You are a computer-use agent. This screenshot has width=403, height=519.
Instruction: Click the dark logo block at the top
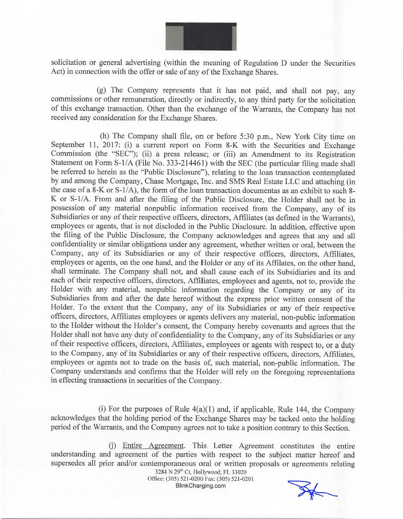pos(201,36)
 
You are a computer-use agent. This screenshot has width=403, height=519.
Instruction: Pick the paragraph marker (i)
pos(103,409)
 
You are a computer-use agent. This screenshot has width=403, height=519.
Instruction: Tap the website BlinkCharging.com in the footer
pos(201,486)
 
